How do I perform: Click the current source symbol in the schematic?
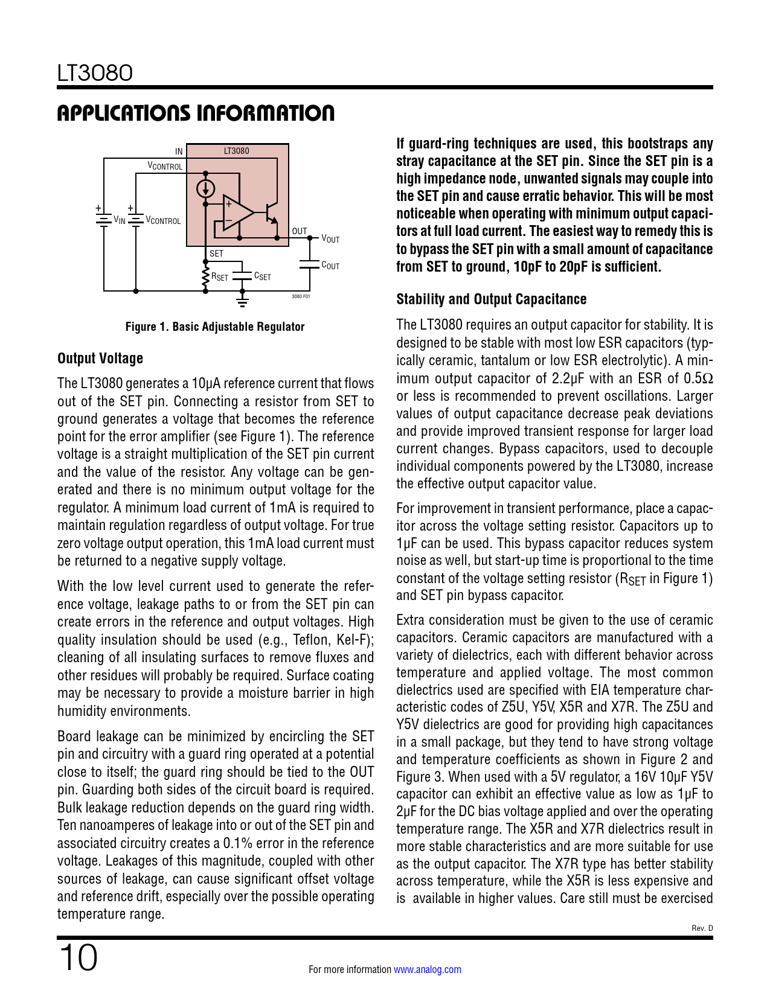pos(206,189)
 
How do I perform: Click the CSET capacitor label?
pos(262,276)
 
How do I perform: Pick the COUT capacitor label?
pos(330,265)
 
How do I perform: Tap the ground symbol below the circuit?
pos(242,298)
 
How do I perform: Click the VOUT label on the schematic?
pos(330,238)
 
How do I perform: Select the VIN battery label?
pos(119,220)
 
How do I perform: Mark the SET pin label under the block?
pos(216,254)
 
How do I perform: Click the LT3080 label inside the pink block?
pos(236,151)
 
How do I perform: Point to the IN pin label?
pos(179,152)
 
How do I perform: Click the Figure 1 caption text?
pos(214,327)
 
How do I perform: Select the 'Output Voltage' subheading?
pos(100,358)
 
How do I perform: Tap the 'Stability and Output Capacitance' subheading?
pos(491,299)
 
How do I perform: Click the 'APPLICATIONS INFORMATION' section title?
pos(196,113)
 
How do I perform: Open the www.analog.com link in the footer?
pos(427,969)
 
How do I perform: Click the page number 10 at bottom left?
pos(78,958)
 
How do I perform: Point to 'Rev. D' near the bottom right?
pos(702,928)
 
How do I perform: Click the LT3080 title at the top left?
pos(95,73)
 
